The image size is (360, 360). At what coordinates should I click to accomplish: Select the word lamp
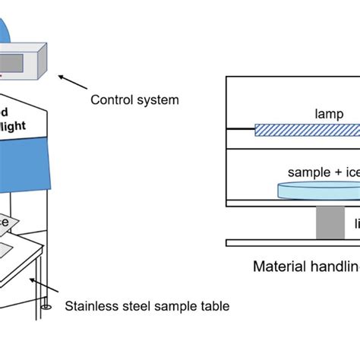tap(327, 113)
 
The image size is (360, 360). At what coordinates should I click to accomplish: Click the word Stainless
tap(90, 307)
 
